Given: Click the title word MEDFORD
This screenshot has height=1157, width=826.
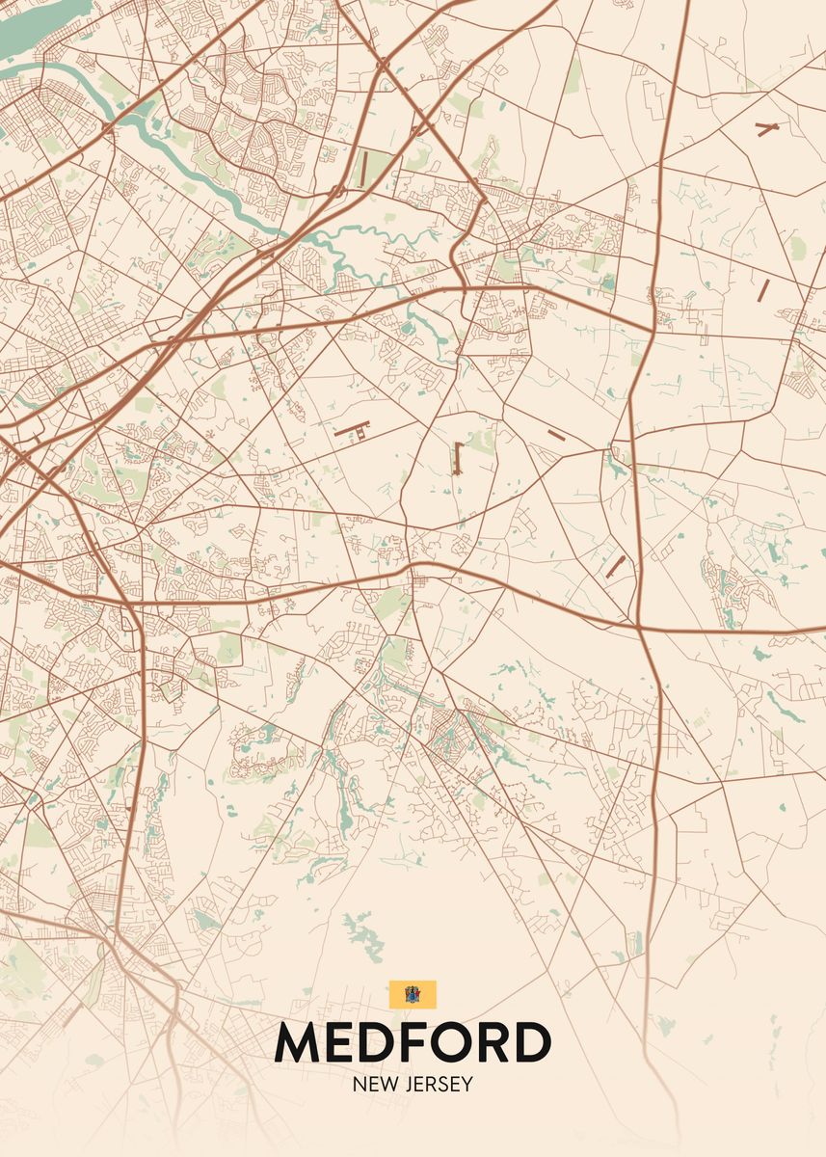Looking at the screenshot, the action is [413, 1042].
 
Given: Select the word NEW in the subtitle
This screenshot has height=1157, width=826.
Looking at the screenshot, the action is [372, 1084].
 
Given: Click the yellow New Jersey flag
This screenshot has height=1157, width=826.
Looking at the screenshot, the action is [413, 994].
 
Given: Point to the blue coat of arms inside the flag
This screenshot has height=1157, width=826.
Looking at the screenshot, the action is [413, 994].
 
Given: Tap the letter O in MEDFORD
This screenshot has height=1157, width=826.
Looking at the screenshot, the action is [459, 1042].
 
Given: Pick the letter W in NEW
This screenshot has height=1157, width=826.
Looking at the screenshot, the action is [386, 1084].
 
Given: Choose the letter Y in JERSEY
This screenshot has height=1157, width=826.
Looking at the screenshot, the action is [467, 1084].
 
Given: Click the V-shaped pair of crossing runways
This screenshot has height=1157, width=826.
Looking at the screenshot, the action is [767, 129].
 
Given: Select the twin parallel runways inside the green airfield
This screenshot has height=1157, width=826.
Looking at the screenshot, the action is [362, 169].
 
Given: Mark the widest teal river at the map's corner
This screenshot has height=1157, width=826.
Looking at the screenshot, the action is [29, 29].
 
